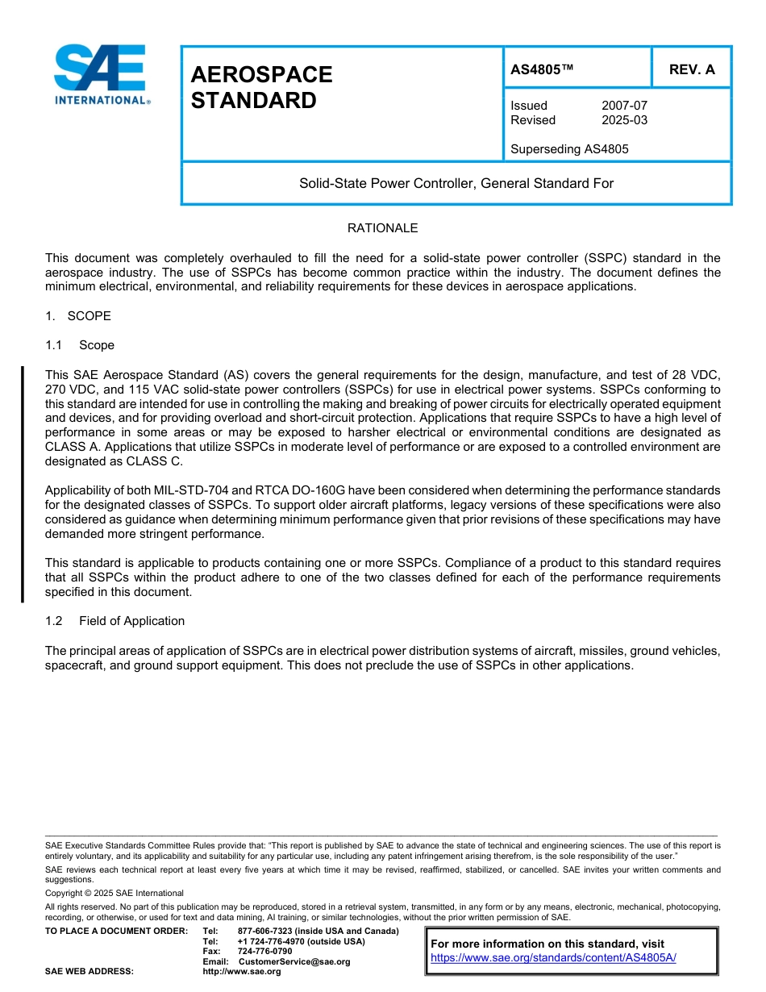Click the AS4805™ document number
pyautogui.click(x=542, y=69)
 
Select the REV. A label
pyautogui.click(x=692, y=69)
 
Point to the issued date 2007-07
pyautogui.click(x=624, y=106)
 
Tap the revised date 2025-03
pyautogui.click(x=624, y=120)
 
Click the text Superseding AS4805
pyautogui.click(x=569, y=149)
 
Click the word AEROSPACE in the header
pyautogui.click(x=261, y=75)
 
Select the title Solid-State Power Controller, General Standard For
pyautogui.click(x=456, y=184)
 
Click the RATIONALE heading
pyautogui.click(x=382, y=228)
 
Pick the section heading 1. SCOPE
pyautogui.click(x=78, y=316)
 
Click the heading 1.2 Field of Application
pyautogui.click(x=115, y=621)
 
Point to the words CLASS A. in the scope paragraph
pyautogui.click(x=73, y=447)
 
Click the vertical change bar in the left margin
pyautogui.click(x=23, y=484)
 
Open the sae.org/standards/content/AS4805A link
pyautogui.click(x=553, y=958)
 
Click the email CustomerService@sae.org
pyautogui.click(x=294, y=962)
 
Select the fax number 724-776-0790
pyautogui.click(x=264, y=952)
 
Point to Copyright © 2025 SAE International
pyautogui.click(x=114, y=894)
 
